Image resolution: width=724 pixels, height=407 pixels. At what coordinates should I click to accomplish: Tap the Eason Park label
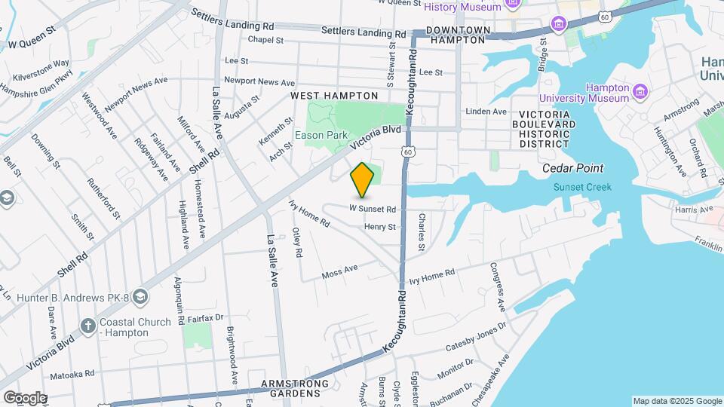pos(321,135)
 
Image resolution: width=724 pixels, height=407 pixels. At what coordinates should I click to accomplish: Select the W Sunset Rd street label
pos(373,209)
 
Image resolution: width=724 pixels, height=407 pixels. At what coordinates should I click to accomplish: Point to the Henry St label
pos(379,227)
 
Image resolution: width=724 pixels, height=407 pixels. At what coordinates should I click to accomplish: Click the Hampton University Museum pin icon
pos(640,93)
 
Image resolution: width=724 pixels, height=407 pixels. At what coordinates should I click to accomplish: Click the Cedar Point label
pos(573,169)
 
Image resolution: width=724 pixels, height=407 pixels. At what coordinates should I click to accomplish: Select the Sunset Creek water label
pos(582,187)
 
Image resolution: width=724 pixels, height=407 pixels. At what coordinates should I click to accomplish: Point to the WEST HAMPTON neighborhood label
pos(334,96)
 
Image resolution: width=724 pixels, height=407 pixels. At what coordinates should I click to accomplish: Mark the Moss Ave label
pos(339,272)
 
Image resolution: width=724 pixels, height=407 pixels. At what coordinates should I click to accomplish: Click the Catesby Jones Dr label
pos(476,339)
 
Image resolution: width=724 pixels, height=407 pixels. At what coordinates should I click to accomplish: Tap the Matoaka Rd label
pos(72,373)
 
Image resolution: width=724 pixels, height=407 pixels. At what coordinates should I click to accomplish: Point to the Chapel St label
pos(265,40)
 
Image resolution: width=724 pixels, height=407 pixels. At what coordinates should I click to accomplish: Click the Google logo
pos(24,398)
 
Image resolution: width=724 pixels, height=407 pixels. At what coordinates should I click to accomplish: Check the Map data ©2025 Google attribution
pos(677,401)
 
